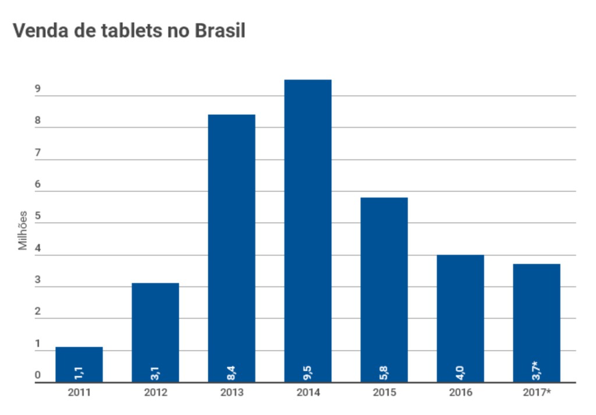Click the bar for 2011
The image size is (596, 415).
[79, 364]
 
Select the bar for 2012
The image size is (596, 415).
[155, 332]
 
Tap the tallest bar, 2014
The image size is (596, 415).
[308, 231]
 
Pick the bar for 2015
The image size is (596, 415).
[384, 290]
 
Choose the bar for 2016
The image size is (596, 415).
[460, 318]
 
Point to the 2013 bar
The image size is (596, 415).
[232, 249]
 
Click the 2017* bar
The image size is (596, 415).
[537, 323]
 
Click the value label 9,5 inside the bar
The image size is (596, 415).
[307, 373]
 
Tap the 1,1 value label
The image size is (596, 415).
[79, 373]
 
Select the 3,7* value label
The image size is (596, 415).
[536, 371]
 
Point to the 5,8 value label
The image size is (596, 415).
[384, 373]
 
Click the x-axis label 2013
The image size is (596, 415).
[232, 392]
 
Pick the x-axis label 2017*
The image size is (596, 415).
[537, 392]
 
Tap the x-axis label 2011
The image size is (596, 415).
[79, 392]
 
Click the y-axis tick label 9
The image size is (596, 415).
[38, 88]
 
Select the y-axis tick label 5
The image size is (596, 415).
[38, 216]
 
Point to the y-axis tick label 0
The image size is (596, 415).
[38, 375]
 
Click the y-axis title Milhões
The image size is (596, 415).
[23, 230]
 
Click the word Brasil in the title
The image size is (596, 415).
[220, 30]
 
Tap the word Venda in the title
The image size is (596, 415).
[41, 30]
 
